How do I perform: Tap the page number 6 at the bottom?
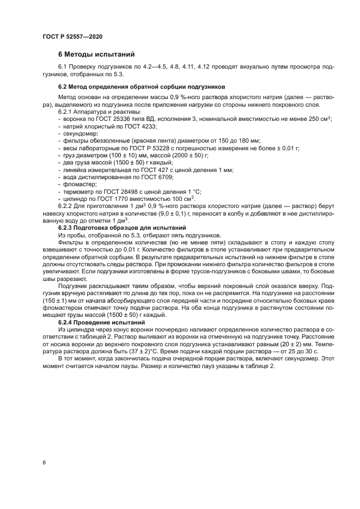tap(44, 463)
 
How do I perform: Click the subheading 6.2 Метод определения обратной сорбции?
tap(142, 87)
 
